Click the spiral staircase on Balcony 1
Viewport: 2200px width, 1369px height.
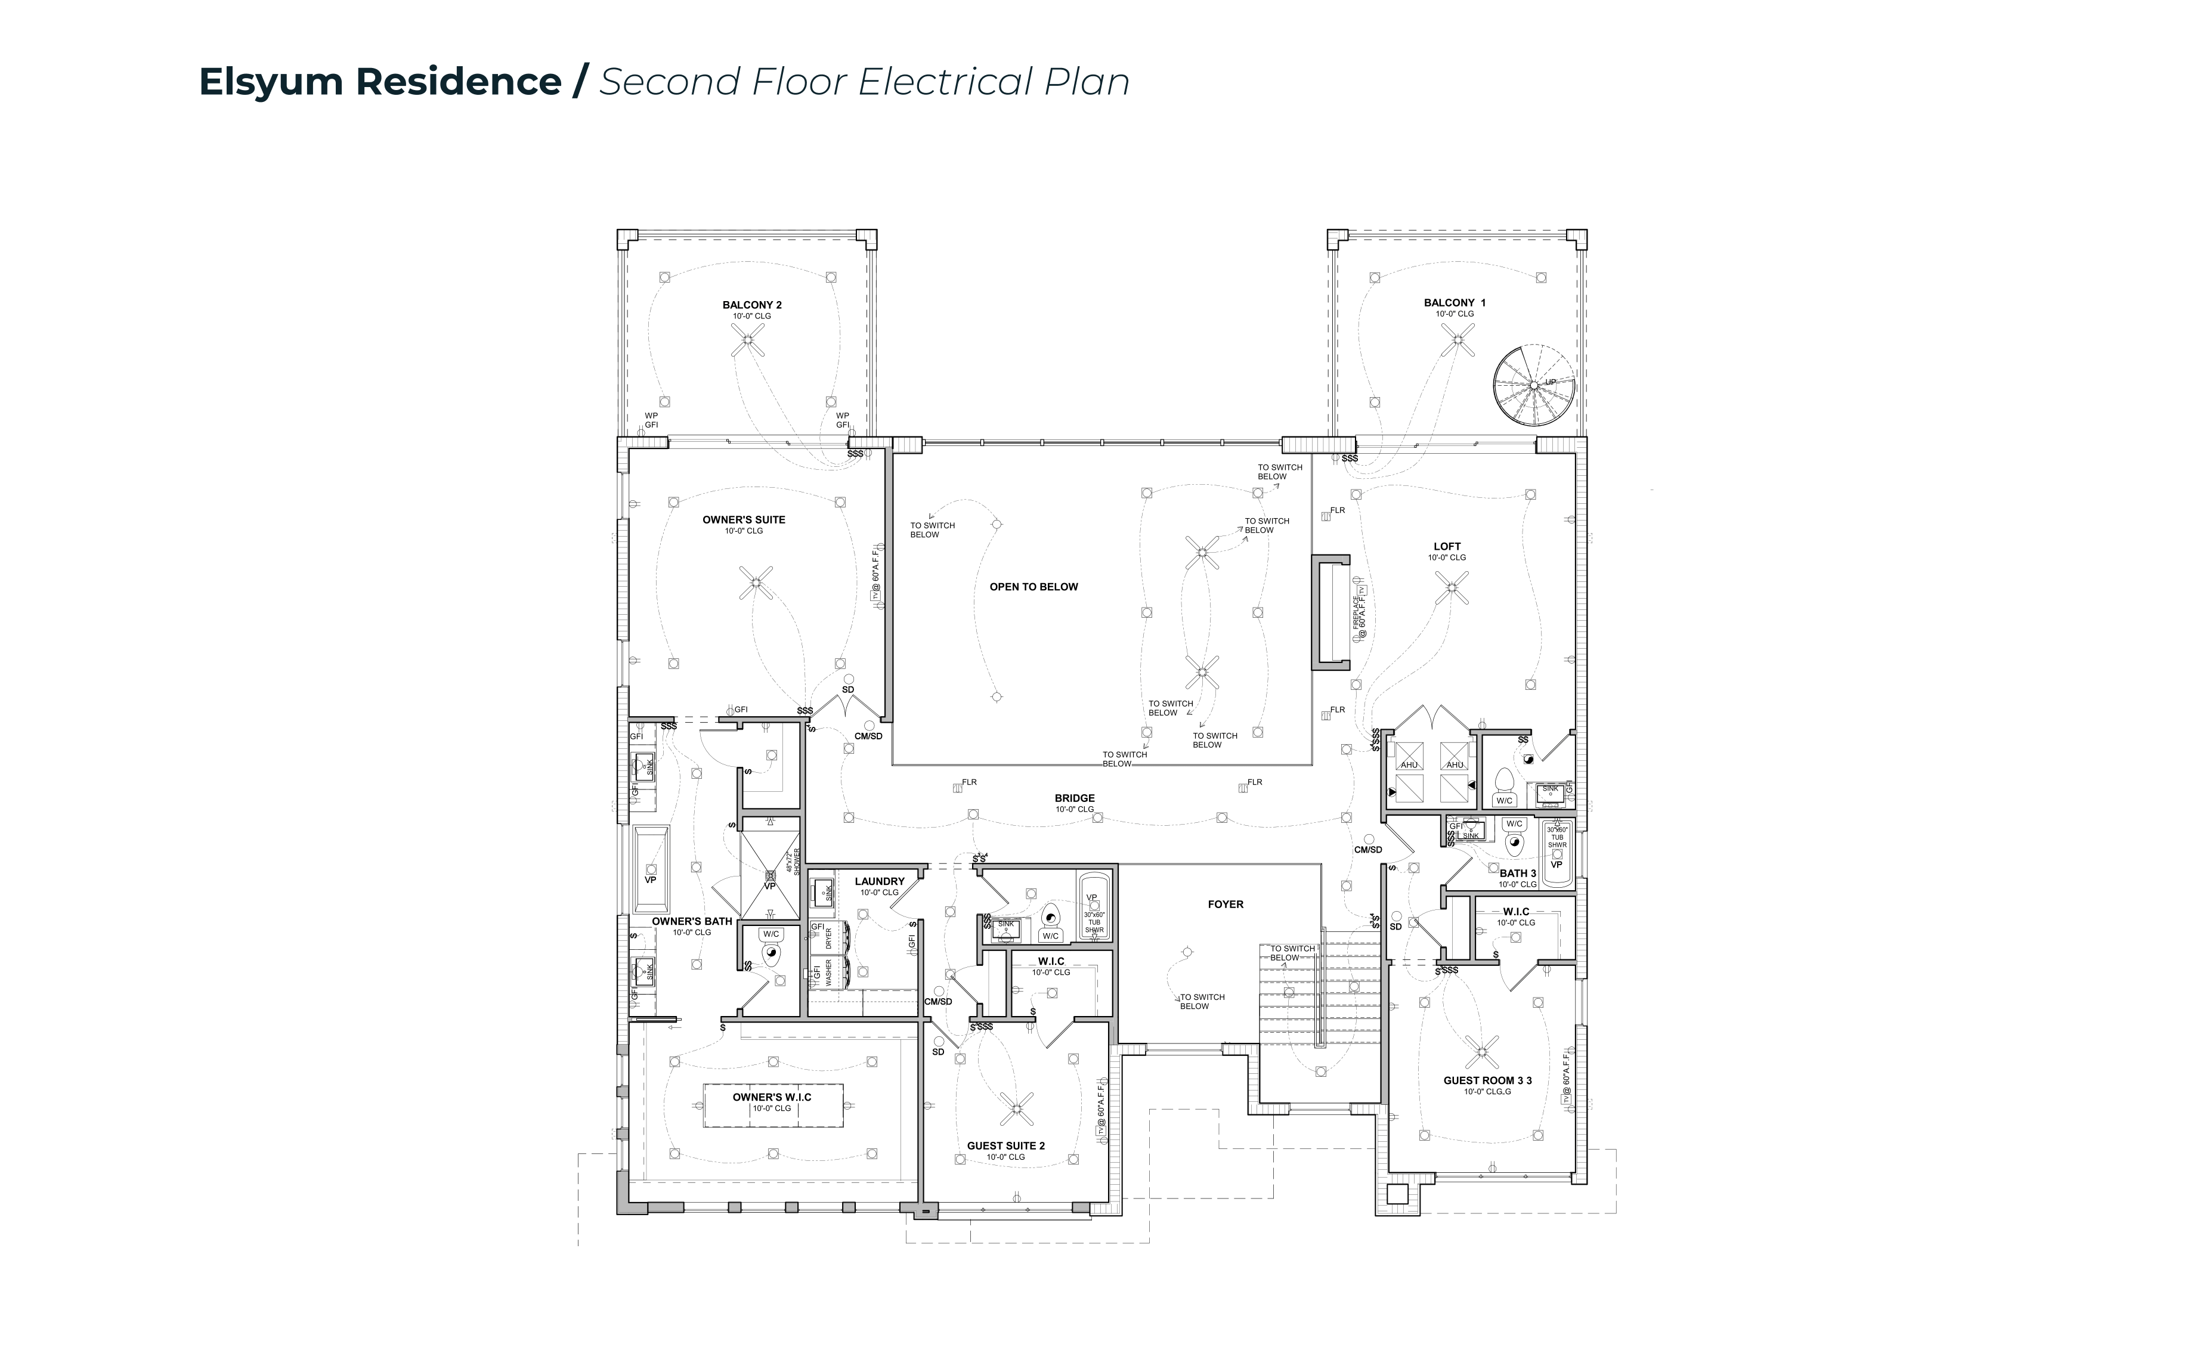1534,385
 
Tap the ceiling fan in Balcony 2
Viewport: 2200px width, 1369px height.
748,339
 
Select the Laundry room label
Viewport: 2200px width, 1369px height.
879,881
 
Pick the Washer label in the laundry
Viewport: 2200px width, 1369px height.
828,973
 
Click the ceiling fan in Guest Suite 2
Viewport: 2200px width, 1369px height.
1016,1107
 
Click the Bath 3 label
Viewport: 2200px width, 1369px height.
1517,874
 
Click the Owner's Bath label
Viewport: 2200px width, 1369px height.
692,922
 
